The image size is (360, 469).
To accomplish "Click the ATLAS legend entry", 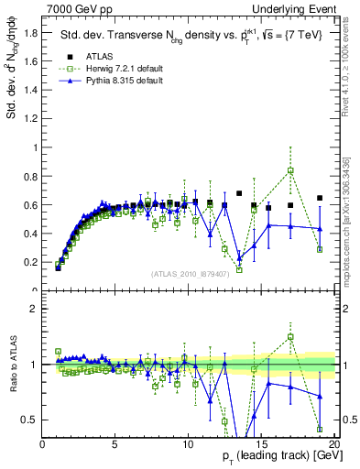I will pos(87,56).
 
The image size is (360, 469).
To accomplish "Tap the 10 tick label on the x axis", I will pos(188,443).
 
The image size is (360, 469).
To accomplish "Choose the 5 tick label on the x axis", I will pos(115,443).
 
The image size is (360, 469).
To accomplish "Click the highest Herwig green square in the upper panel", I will pos(290,170).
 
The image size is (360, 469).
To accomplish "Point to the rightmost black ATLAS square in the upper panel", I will pos(320,198).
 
